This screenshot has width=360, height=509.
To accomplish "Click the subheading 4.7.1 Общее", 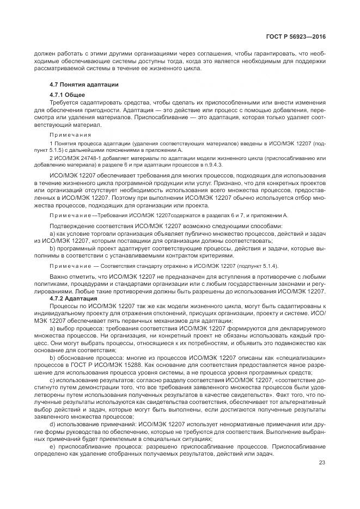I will [66, 95].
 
